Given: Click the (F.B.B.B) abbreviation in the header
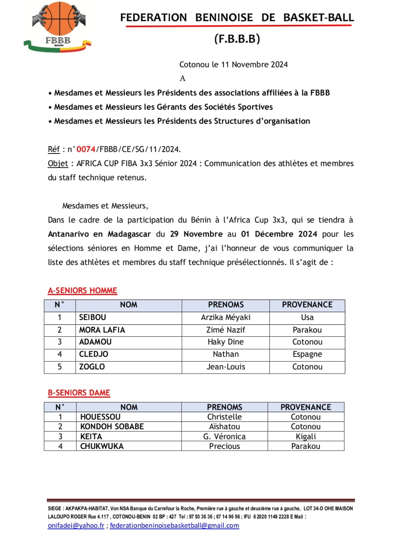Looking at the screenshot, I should click(237, 39).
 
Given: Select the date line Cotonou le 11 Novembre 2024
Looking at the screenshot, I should click(233, 65).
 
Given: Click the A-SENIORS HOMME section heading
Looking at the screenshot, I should click(82, 290).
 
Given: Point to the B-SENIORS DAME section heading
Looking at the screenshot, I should click(79, 393).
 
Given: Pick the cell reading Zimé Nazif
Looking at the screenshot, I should click(225, 329).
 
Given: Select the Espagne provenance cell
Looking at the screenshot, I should click(307, 354).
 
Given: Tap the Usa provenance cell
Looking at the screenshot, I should click(307, 317).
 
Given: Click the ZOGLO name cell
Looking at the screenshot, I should click(92, 367).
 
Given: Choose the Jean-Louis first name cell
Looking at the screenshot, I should click(225, 367).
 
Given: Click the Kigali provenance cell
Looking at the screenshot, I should click(306, 436).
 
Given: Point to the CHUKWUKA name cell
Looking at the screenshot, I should click(102, 446).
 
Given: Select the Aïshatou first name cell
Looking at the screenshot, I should click(224, 427).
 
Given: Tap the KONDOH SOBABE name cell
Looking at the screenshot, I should click(112, 427).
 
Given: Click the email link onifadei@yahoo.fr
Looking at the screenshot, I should click(76, 526).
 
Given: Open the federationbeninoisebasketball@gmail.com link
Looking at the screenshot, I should click(174, 526).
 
